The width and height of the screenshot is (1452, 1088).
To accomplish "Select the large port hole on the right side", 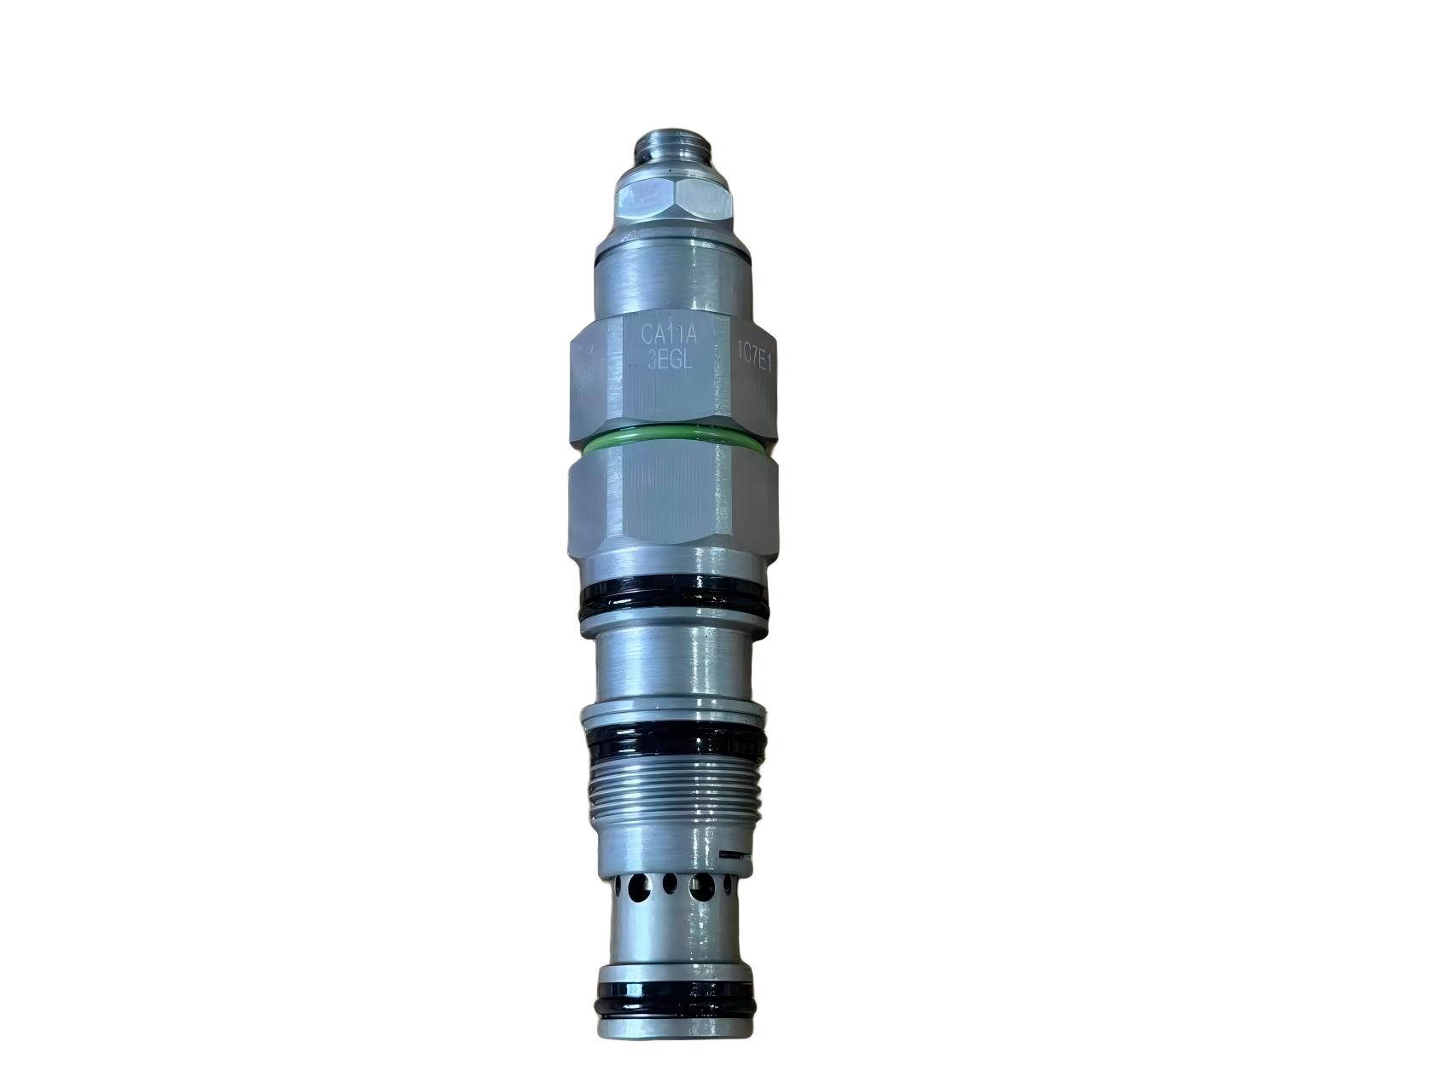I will pyautogui.click(x=701, y=888).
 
